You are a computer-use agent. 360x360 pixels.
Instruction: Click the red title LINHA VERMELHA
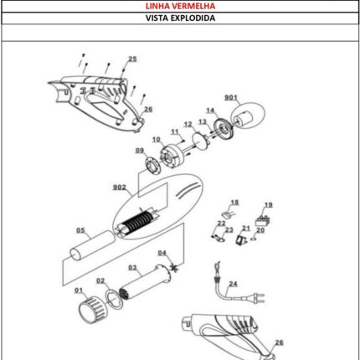180,6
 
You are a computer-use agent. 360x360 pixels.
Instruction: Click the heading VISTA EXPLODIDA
180,18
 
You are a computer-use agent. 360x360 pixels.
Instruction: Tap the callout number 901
231,97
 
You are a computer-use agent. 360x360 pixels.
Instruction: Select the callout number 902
120,188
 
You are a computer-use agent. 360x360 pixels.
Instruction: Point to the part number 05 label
80,230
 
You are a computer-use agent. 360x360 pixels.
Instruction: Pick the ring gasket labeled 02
114,299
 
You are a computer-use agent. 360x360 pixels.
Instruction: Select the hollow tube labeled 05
92,245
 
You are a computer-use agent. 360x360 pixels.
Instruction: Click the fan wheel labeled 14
224,129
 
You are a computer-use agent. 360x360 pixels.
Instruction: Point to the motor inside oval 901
244,118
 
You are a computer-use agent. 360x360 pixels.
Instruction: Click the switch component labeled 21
241,240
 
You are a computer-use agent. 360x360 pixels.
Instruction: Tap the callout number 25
132,59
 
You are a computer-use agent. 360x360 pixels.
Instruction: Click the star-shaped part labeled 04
174,267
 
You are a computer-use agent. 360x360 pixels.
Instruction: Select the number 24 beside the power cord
233,284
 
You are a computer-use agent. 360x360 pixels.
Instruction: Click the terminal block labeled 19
263,222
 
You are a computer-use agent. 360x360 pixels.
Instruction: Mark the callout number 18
234,203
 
